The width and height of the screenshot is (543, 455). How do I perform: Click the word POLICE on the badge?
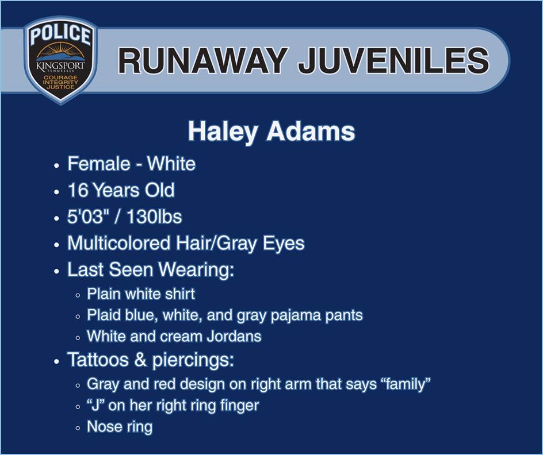click(60, 34)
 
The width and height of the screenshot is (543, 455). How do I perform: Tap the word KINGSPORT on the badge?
click(60, 65)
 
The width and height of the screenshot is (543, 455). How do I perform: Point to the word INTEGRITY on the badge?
click(60, 82)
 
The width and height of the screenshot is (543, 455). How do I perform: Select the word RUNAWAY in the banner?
click(202, 60)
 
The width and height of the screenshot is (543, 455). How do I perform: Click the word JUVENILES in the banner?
click(394, 60)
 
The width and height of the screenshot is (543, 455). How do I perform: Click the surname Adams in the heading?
click(311, 131)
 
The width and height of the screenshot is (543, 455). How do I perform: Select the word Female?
click(98, 164)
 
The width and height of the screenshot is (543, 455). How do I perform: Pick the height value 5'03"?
click(86, 217)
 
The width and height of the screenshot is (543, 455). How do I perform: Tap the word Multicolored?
click(118, 243)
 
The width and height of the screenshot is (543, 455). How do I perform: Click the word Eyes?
click(284, 244)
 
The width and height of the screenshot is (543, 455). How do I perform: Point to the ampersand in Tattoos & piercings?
click(140, 360)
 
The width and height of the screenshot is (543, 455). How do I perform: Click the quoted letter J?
click(96, 405)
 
